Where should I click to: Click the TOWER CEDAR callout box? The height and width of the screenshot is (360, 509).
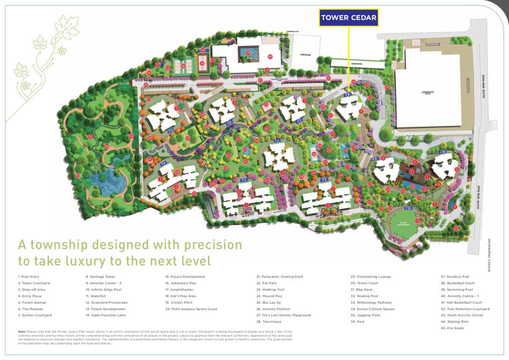tap(349, 18)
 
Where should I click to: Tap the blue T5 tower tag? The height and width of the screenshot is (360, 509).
tap(171, 130)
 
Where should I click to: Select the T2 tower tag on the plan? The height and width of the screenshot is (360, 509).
tap(277, 141)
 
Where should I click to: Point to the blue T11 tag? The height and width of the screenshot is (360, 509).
tap(408, 208)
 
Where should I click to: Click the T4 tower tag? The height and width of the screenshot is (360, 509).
tap(164, 164)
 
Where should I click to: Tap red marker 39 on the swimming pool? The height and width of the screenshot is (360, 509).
tap(248, 53)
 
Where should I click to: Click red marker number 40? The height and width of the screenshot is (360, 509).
tap(270, 57)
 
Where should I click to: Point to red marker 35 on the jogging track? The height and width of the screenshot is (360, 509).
tap(77, 176)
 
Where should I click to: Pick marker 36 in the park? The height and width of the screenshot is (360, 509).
tap(106, 146)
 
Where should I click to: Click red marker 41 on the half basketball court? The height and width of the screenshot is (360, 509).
tap(203, 50)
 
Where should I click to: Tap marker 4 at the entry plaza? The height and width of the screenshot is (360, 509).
tap(455, 206)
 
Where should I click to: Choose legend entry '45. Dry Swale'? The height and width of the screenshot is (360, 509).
tap(452, 328)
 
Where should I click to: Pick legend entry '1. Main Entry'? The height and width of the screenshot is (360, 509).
tap(30, 277)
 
